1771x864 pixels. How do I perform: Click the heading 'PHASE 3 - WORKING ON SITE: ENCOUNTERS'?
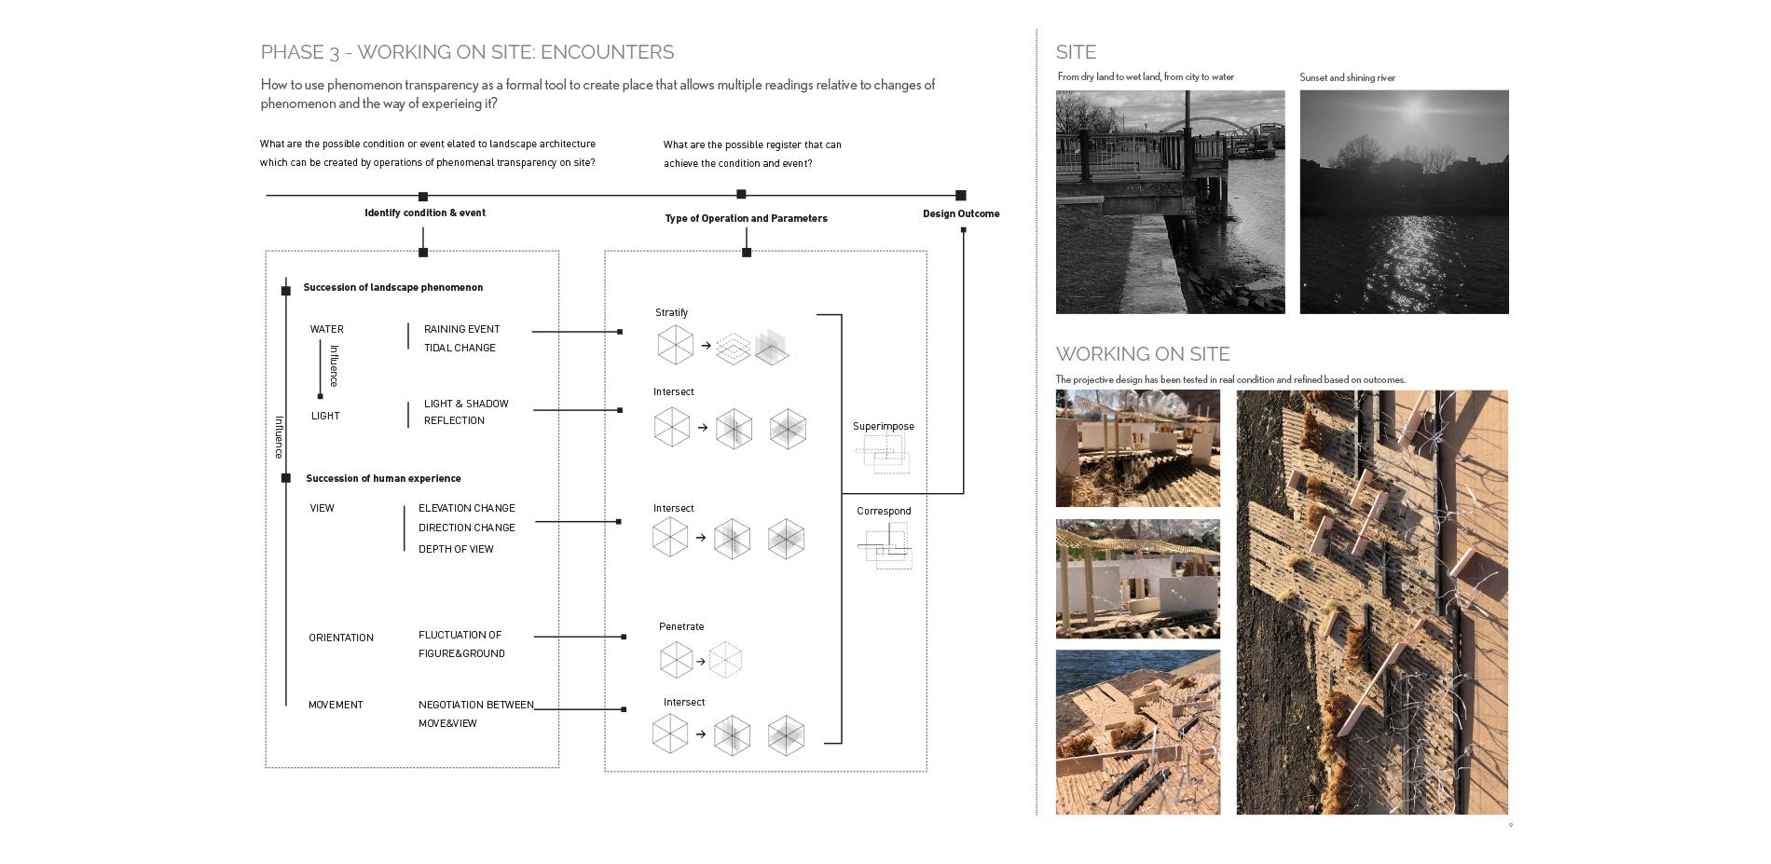[467, 52]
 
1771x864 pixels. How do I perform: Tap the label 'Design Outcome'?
[961, 213]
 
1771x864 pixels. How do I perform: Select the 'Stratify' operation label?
[671, 312]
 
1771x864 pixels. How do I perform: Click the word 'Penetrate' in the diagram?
[681, 626]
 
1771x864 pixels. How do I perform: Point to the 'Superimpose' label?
[883, 426]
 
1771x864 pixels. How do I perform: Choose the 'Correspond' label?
[884, 511]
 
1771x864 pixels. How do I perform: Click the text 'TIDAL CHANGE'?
[460, 348]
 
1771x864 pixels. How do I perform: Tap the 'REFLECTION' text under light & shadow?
[454, 420]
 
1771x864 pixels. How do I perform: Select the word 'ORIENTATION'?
[341, 638]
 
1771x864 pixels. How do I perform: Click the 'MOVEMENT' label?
[336, 705]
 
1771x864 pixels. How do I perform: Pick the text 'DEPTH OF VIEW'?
[456, 549]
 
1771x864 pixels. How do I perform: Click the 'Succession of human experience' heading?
[383, 478]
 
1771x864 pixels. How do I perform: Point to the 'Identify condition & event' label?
[425, 213]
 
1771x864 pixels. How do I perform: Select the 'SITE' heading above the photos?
[1076, 52]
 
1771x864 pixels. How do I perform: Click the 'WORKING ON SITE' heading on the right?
[1143, 354]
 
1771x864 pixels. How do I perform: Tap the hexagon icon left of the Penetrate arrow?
[676, 661]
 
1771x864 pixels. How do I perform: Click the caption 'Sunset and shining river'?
[1347, 77]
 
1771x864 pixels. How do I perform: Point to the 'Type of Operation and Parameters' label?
[746, 218]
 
